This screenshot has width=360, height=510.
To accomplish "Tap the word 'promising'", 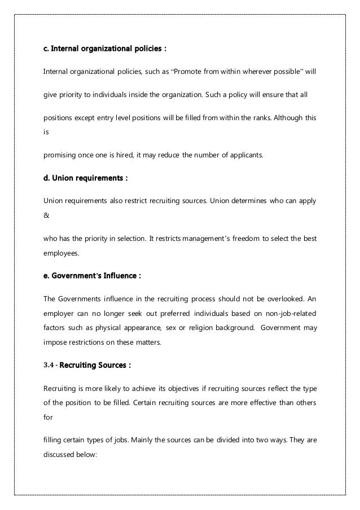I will (60, 153).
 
